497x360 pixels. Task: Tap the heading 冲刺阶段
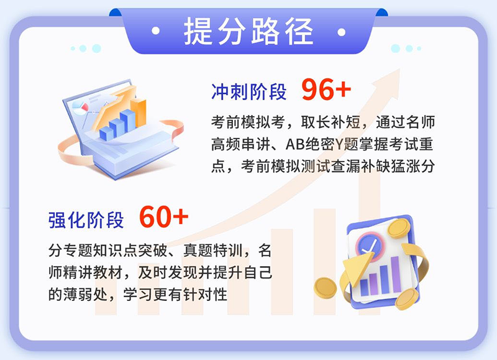pos(248,92)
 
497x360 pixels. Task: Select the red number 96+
pos(326,91)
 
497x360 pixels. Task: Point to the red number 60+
pos(163,218)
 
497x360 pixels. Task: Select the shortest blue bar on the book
pos(104,131)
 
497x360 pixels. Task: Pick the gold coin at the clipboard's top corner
pos(398,228)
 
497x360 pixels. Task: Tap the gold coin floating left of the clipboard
pos(325,288)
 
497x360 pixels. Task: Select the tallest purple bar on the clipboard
pos(396,274)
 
